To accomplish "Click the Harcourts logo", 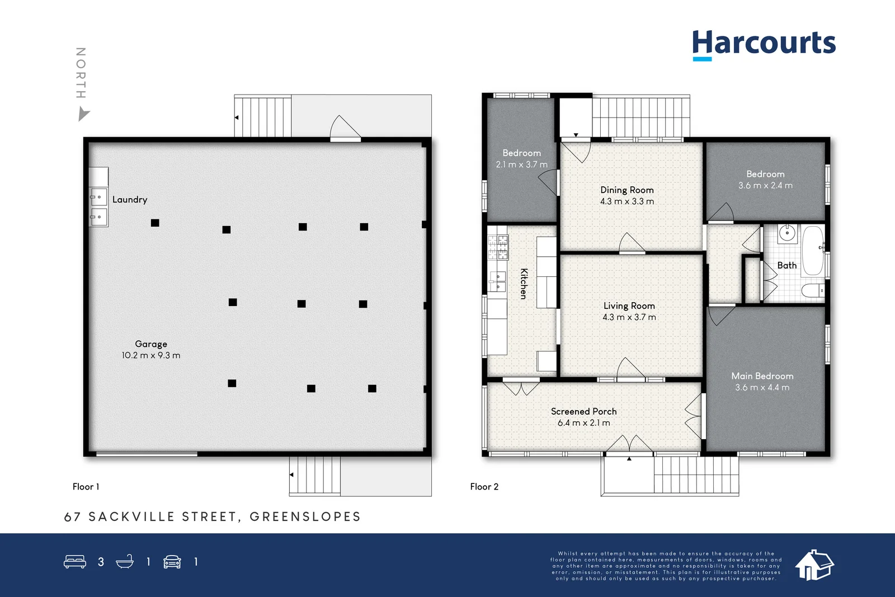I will (x=764, y=44).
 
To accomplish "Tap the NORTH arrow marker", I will (x=83, y=115).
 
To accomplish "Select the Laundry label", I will (x=130, y=200).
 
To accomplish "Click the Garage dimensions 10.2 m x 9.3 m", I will (x=151, y=355).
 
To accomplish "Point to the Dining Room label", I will (x=627, y=190).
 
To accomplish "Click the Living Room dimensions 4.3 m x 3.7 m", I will (x=629, y=317).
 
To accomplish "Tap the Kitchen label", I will (x=524, y=284).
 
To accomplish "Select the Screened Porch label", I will (x=583, y=412).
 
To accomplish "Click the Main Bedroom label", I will (x=762, y=377).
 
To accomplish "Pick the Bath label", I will (x=786, y=266).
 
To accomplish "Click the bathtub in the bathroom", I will (x=813, y=251).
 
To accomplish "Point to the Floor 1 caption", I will (x=86, y=487).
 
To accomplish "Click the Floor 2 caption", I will (x=484, y=487).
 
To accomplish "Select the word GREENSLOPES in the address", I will (x=305, y=517).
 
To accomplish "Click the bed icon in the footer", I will (x=75, y=561).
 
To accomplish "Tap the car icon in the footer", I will (x=172, y=562).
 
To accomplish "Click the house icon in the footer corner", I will (x=814, y=565).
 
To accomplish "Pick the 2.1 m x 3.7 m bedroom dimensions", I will (x=521, y=165).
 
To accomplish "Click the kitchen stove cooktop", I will (x=498, y=247).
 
